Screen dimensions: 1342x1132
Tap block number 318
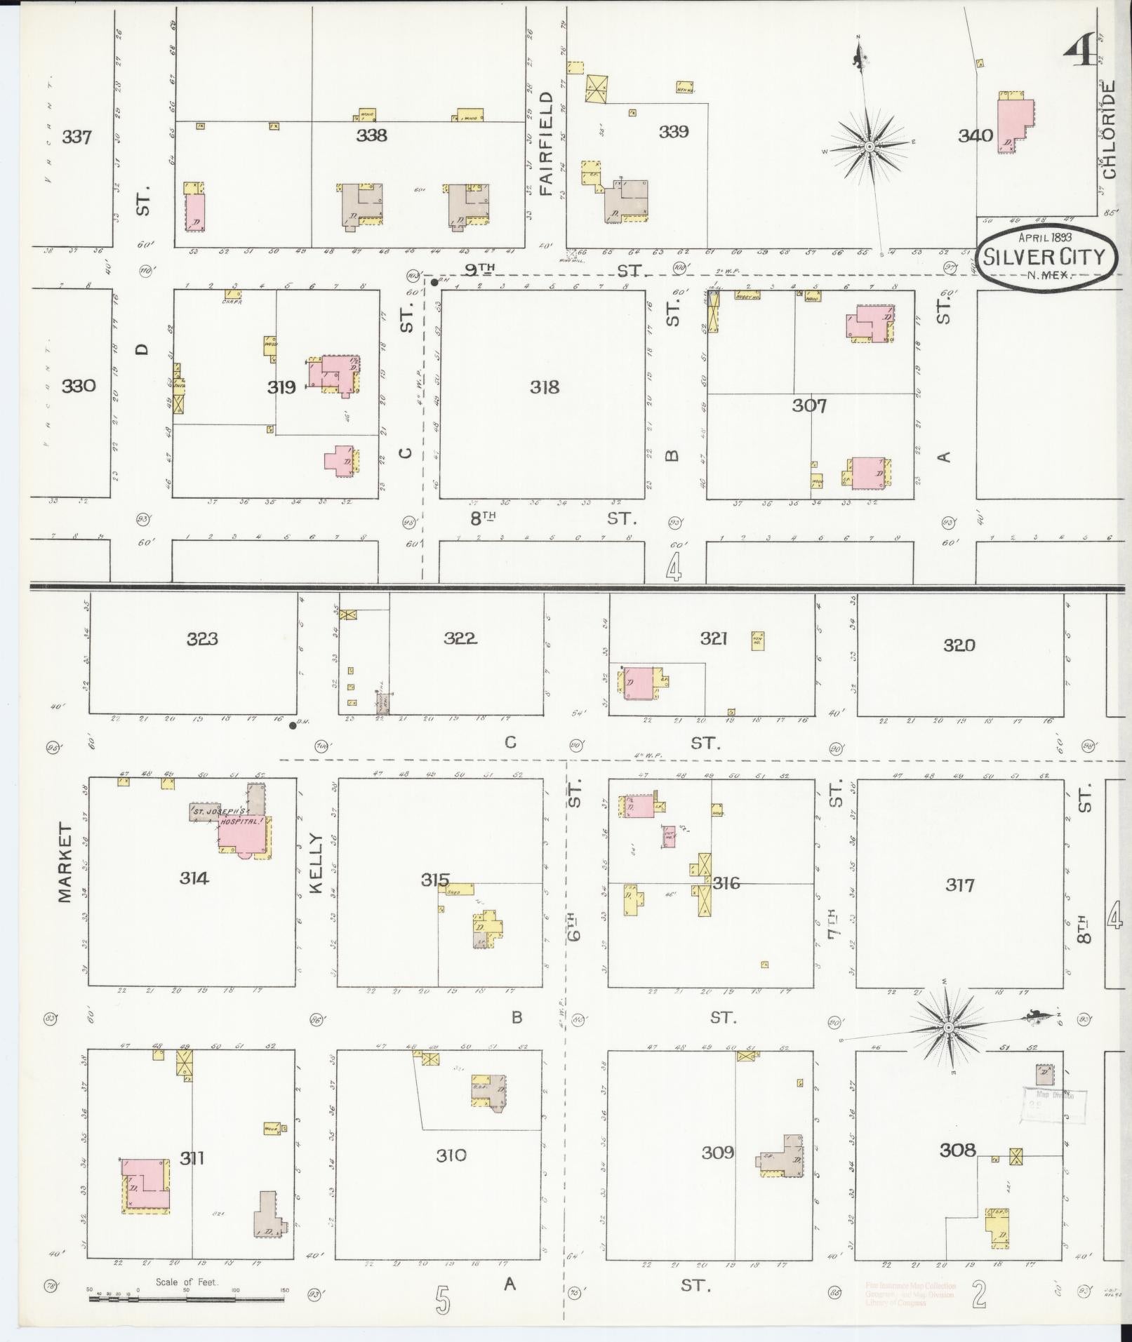[544, 387]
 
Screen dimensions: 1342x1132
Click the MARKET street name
[65, 863]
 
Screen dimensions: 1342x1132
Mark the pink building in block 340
[1015, 125]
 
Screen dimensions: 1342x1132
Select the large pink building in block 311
[146, 1185]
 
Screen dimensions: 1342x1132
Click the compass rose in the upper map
[869, 146]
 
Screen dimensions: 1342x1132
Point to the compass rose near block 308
[948, 1028]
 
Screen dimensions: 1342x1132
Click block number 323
[202, 639]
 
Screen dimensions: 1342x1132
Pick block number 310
[451, 1155]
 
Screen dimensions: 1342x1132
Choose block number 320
[959, 645]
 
